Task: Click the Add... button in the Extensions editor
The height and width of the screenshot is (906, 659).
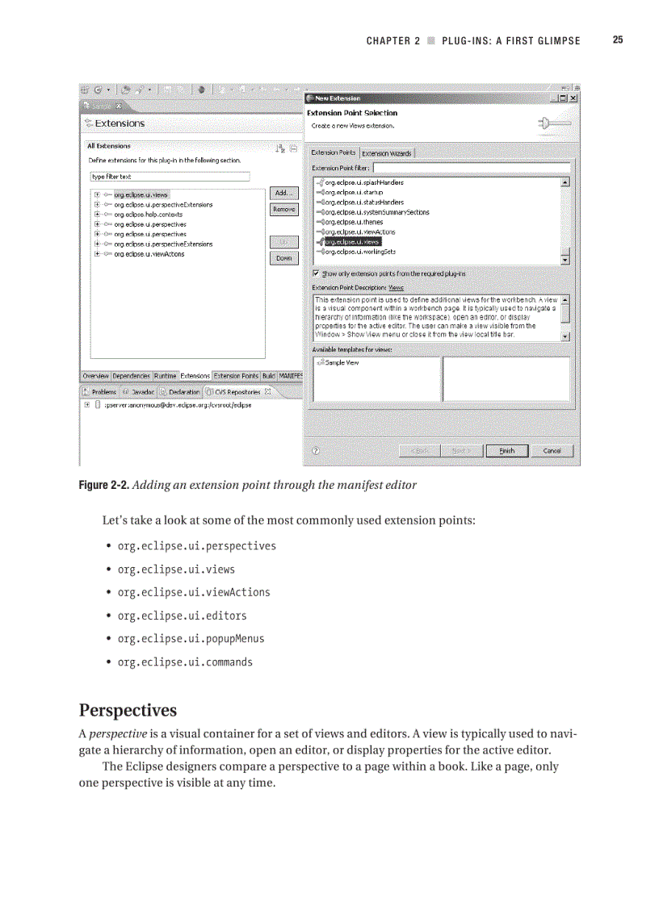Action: [x=283, y=193]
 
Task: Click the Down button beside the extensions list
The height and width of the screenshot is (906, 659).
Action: [x=283, y=258]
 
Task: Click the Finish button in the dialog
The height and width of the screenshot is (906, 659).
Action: [x=506, y=451]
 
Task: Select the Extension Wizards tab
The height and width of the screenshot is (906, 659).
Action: [x=386, y=153]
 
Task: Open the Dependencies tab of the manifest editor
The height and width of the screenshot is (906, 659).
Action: [x=131, y=376]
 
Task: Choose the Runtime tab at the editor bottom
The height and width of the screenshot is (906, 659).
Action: [x=165, y=376]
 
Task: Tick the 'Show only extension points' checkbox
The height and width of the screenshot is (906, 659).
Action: [x=316, y=273]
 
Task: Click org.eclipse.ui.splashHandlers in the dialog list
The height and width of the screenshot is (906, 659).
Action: [x=363, y=182]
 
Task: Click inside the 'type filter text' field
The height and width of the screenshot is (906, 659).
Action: [x=170, y=177]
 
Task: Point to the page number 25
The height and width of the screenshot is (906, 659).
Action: [x=618, y=40]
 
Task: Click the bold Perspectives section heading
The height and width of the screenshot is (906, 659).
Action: [x=128, y=711]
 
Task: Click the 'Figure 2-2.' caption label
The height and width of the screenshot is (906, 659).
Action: [x=103, y=486]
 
